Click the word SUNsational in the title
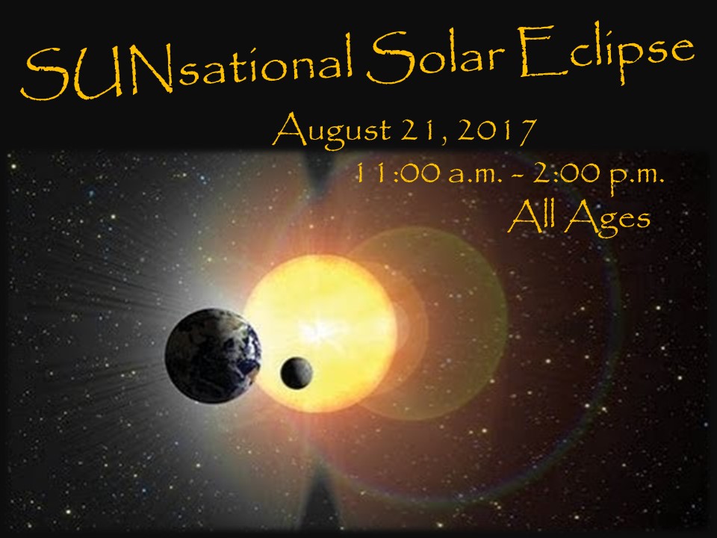(187, 68)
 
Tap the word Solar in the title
(435, 58)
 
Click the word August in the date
(332, 131)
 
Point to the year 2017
(496, 132)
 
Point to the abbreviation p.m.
(637, 177)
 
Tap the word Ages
(608, 220)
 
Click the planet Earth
(213, 356)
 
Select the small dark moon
(297, 373)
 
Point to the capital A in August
(288, 129)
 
